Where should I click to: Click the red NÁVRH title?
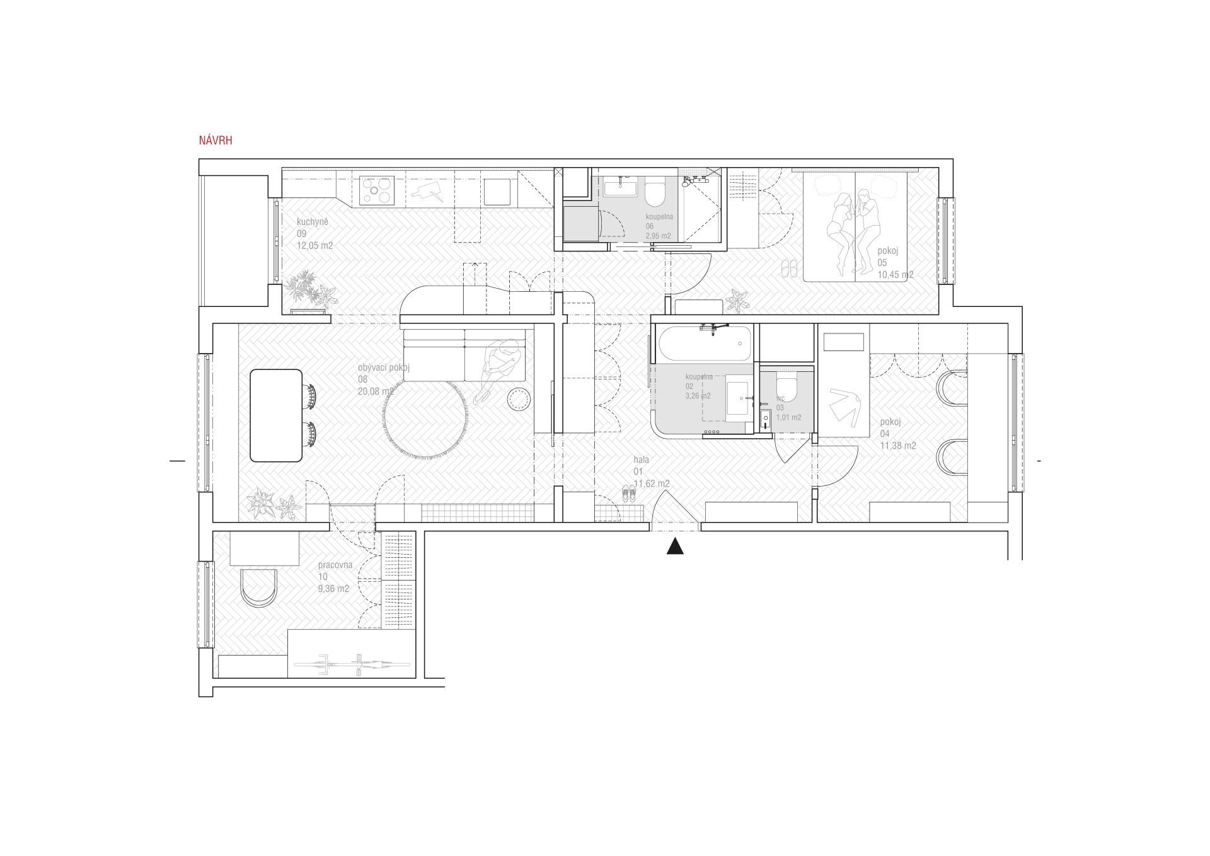[x=216, y=141]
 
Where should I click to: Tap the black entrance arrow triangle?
[x=676, y=547]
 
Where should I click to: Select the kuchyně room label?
[x=313, y=222]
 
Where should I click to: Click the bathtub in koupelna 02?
[x=705, y=344]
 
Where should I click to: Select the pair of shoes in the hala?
[x=629, y=493]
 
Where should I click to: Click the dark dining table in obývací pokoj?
[x=276, y=415]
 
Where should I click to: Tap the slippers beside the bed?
[x=790, y=269]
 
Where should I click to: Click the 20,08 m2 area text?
[x=376, y=391]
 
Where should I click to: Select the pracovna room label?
[x=335, y=565]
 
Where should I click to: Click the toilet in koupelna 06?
[x=655, y=193]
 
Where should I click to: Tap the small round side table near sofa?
[x=519, y=398]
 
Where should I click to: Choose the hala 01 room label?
[x=642, y=466]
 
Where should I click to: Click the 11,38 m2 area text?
[x=898, y=446]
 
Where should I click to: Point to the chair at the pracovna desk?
[x=258, y=588]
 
